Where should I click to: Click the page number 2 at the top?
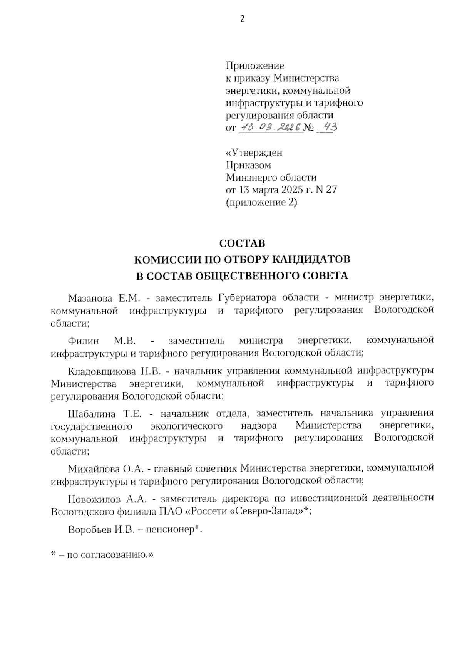point(242,19)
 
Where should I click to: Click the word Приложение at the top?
point(254,66)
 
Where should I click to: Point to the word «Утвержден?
point(254,153)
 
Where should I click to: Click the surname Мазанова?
point(90,298)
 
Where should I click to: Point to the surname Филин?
point(83,341)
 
